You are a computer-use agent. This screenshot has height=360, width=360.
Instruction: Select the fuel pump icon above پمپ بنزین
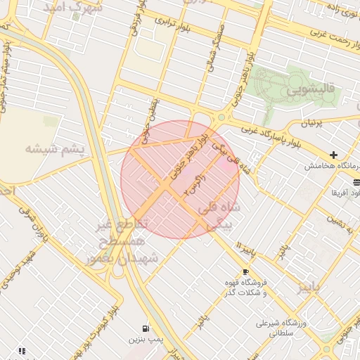(146, 328)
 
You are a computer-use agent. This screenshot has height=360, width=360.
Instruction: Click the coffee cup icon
(245, 271)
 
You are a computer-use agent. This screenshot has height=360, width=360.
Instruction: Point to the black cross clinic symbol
(333, 155)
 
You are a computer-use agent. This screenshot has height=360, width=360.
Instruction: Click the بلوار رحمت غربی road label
(328, 34)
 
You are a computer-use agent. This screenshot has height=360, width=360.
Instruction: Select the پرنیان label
(314, 122)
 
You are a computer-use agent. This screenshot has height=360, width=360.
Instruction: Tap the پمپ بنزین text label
(141, 340)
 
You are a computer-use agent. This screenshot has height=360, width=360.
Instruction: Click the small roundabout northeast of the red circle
(221, 117)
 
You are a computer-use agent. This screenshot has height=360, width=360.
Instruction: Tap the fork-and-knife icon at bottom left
(22, 350)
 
